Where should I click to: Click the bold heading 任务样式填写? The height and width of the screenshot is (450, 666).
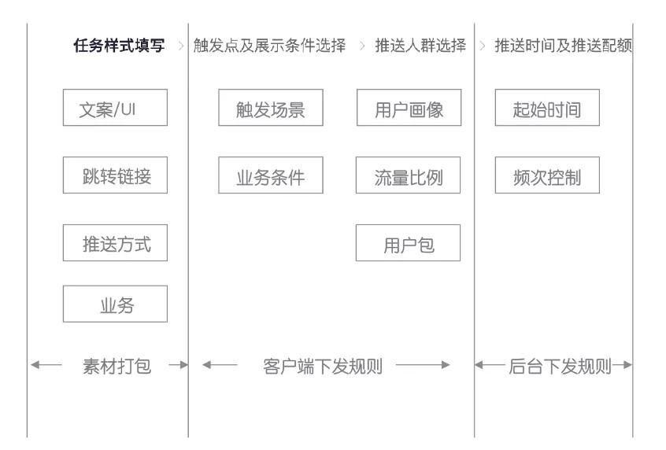119,46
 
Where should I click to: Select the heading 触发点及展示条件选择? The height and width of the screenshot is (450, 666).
270,46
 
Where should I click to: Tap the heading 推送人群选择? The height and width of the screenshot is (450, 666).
420,46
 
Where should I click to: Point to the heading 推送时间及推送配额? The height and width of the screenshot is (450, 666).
564,46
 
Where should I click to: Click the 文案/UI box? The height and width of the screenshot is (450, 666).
115,108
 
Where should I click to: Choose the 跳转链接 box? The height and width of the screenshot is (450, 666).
115,175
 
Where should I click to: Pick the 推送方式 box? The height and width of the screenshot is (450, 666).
115,243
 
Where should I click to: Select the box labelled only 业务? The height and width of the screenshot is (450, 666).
115,304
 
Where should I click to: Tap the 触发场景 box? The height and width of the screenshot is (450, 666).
271,108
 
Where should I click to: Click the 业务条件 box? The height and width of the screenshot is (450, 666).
271,175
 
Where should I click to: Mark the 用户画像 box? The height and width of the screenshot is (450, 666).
409,108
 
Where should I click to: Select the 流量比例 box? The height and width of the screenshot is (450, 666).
408,175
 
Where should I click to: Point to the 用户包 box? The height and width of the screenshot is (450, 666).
408,243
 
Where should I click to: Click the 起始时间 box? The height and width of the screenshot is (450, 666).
547,108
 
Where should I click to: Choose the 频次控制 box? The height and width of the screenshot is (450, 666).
547,175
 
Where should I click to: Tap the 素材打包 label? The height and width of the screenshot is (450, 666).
117,367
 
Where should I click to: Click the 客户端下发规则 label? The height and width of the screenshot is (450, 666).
323,367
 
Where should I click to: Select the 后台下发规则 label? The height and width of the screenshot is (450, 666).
561,367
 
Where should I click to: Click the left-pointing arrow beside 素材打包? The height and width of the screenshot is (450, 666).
46,365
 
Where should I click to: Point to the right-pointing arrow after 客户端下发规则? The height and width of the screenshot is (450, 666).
423,365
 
